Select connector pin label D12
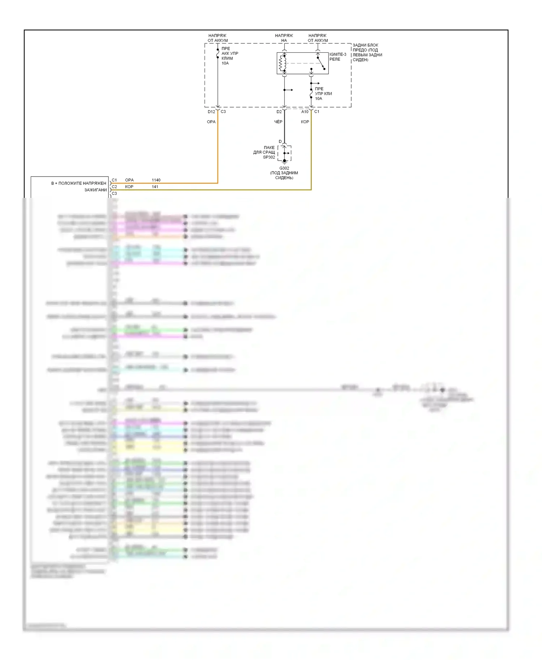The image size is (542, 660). coord(211,112)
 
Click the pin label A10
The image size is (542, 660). coord(305,112)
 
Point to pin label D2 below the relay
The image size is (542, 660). coord(279,112)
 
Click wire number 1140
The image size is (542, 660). coord(156,180)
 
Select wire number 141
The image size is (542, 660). coord(155,187)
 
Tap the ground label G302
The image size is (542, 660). coord(284,168)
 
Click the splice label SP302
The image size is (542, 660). coord(269,157)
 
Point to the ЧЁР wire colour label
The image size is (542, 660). coord(278,122)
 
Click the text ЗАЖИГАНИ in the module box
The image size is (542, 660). coord(96,190)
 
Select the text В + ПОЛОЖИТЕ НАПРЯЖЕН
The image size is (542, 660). coord(79,183)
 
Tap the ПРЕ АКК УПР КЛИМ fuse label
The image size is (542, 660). coord(229,56)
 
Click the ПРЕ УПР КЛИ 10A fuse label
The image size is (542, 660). coord(323,94)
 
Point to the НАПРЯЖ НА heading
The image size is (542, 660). coord(284,38)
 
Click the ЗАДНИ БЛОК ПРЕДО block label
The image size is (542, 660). coord(367,52)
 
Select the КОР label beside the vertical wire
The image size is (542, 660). coord(305,122)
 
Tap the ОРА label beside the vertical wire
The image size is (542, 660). coord(211,122)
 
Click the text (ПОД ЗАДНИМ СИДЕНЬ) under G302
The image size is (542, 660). coord(284,175)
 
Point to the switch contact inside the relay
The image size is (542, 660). coord(321,63)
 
